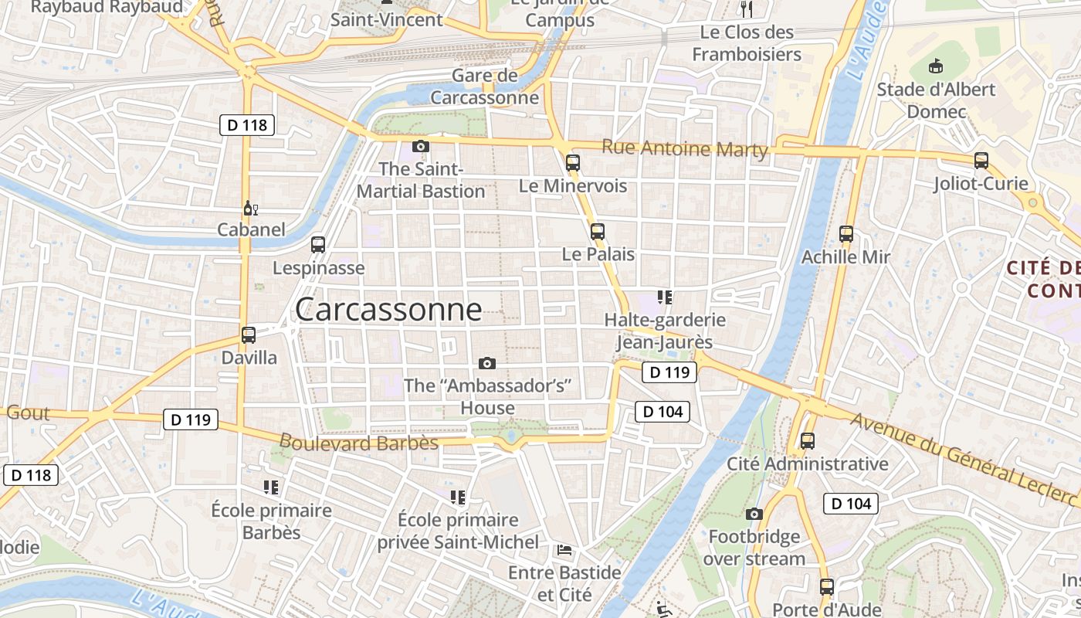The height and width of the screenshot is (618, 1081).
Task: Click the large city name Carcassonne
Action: (388, 310)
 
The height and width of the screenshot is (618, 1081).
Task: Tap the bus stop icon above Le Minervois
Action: (572, 162)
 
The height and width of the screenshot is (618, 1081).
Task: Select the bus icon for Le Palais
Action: (597, 231)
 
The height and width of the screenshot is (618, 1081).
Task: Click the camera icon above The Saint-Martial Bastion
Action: (421, 146)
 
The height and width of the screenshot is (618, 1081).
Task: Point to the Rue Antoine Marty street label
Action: (684, 148)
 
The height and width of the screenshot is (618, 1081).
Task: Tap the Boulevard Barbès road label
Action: (358, 443)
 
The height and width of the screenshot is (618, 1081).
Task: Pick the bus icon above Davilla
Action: (249, 335)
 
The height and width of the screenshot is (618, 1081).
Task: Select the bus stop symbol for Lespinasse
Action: (318, 245)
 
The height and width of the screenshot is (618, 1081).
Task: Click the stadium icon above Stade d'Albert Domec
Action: (936, 66)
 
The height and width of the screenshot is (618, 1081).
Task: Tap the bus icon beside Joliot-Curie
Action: (981, 161)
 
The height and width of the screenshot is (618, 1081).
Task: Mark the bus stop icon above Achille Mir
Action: (846, 233)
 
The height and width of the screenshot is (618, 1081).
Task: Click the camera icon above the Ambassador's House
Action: (487, 363)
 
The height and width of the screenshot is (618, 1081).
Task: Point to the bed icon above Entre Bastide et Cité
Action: (564, 550)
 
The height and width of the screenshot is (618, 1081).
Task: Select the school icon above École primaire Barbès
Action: (271, 487)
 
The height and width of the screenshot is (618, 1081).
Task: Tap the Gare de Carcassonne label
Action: (484, 87)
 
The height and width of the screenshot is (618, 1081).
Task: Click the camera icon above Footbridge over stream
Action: (754, 514)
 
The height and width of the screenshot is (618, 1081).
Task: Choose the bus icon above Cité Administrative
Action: (808, 441)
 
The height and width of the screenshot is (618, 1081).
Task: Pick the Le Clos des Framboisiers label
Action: (747, 43)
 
